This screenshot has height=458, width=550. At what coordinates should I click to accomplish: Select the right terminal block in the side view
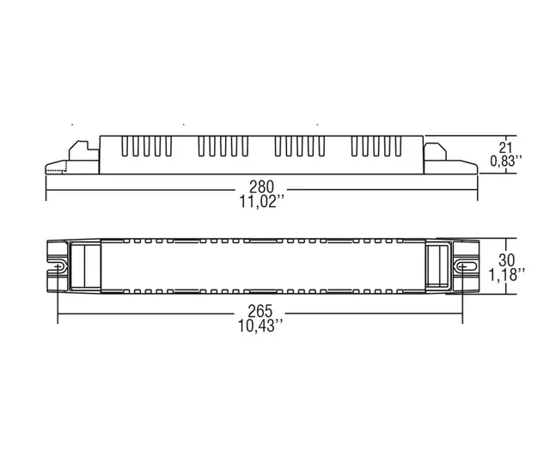point(446,156)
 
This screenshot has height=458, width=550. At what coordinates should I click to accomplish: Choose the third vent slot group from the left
point(296,148)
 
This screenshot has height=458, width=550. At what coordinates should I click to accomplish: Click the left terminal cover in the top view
point(86,267)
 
